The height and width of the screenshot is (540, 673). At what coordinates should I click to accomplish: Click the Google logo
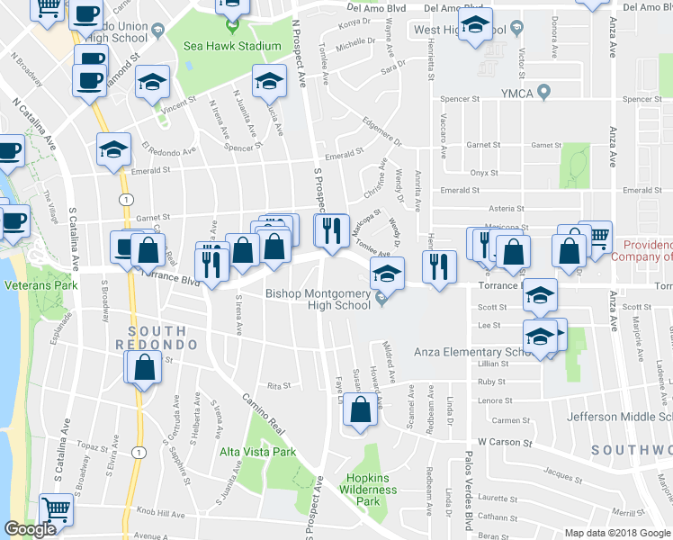[30, 530]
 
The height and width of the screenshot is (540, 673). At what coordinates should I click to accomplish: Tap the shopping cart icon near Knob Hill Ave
[57, 509]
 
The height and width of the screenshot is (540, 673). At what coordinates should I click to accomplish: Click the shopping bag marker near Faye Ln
[361, 409]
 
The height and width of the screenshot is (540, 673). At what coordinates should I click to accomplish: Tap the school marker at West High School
[475, 26]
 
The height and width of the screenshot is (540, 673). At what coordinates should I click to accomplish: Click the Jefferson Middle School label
[619, 417]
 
